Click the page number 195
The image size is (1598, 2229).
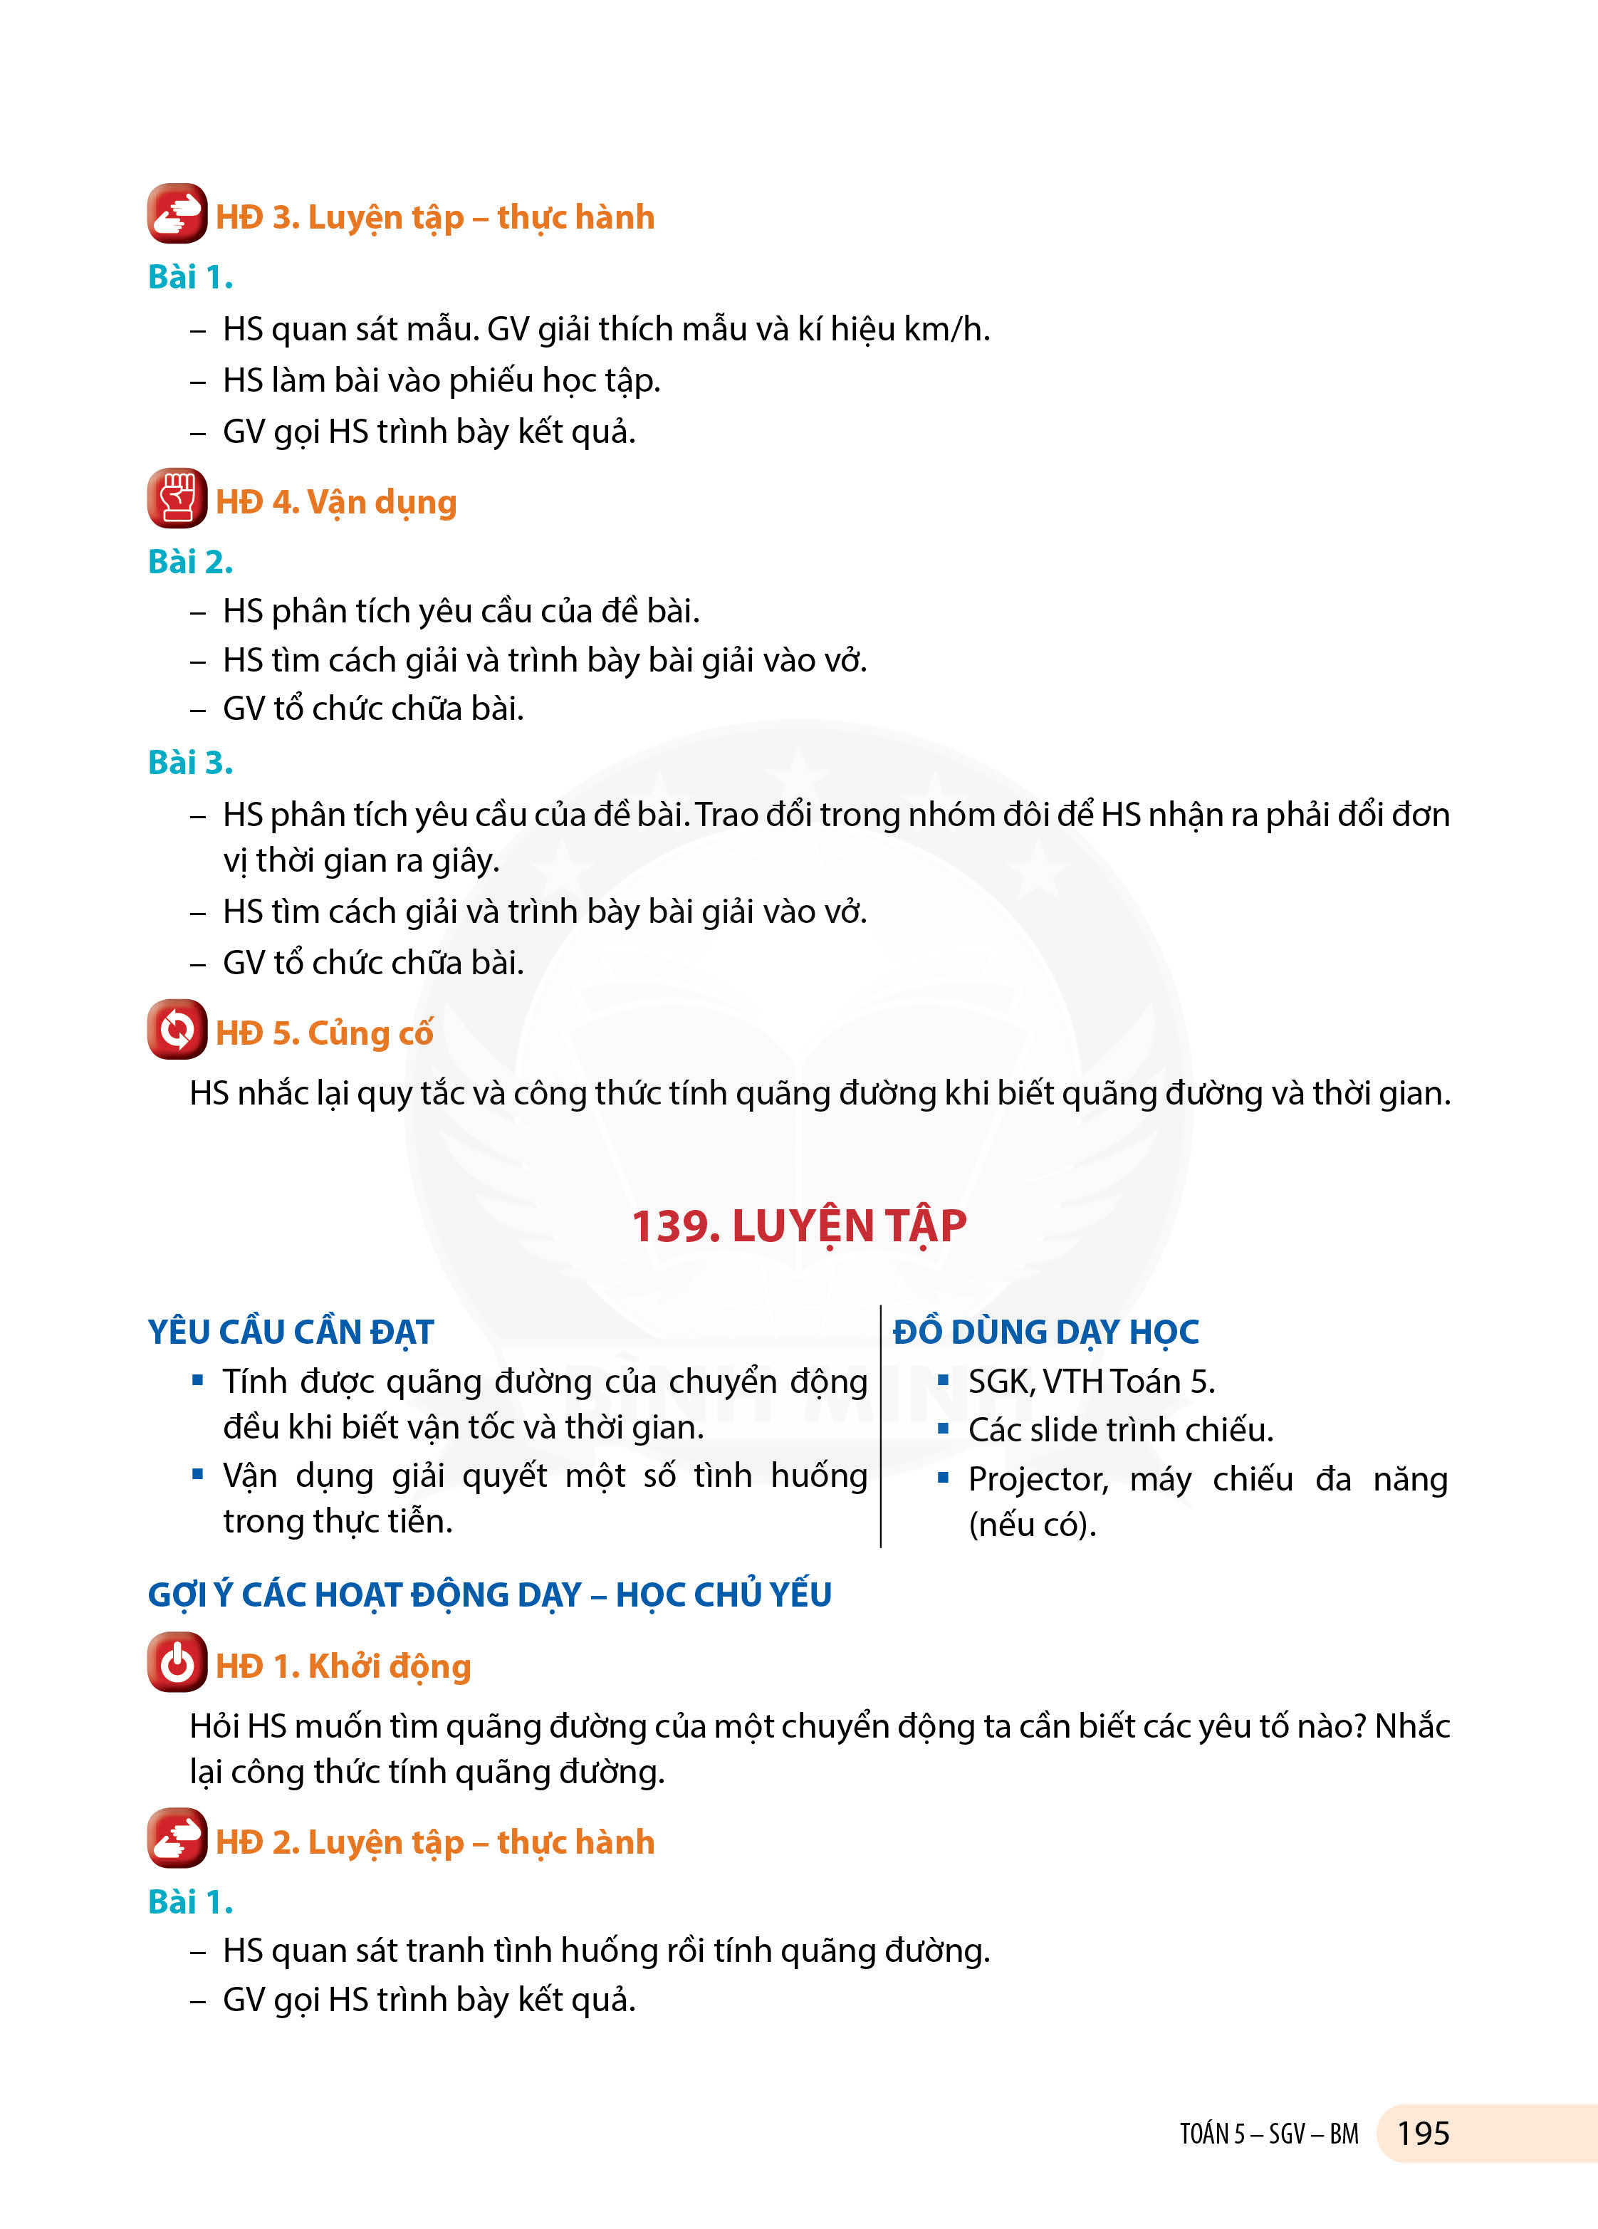point(1422,2133)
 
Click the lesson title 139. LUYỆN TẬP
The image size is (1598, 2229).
point(798,1226)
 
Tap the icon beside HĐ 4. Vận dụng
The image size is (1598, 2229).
point(177,498)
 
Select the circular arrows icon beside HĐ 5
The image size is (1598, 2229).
point(177,1029)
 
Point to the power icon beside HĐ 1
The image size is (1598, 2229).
point(177,1662)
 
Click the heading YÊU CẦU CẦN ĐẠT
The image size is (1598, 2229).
point(291,1332)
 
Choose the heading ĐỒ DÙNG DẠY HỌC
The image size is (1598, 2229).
point(1045,1332)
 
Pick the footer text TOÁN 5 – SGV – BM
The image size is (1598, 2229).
point(1269,2134)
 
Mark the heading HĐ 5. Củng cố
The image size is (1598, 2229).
point(324,1033)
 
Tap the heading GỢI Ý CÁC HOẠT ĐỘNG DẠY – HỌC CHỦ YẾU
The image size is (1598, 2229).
point(489,1594)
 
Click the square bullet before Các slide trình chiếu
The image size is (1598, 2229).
point(944,1428)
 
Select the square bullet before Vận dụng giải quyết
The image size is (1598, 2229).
point(197,1473)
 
